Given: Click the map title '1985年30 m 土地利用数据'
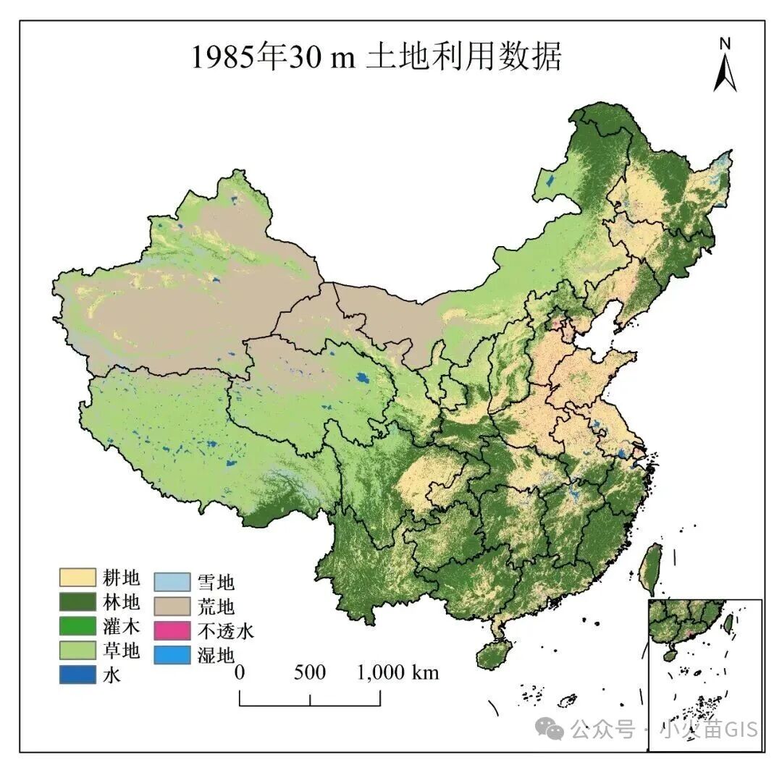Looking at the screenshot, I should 376,57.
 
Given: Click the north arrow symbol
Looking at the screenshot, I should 725,72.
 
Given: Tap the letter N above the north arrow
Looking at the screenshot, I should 725,43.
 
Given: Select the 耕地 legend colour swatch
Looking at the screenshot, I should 77,577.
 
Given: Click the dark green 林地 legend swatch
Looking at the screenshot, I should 77,601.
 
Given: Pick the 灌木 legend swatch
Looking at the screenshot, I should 77,625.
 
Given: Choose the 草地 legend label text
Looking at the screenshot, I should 122,650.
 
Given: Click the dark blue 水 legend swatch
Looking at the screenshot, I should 77,674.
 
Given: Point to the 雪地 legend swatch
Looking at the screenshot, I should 172,581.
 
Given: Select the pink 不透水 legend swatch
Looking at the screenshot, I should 172,630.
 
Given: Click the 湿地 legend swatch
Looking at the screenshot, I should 172,655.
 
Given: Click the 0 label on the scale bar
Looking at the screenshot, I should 239,672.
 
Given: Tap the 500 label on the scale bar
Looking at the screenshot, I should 310,672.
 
